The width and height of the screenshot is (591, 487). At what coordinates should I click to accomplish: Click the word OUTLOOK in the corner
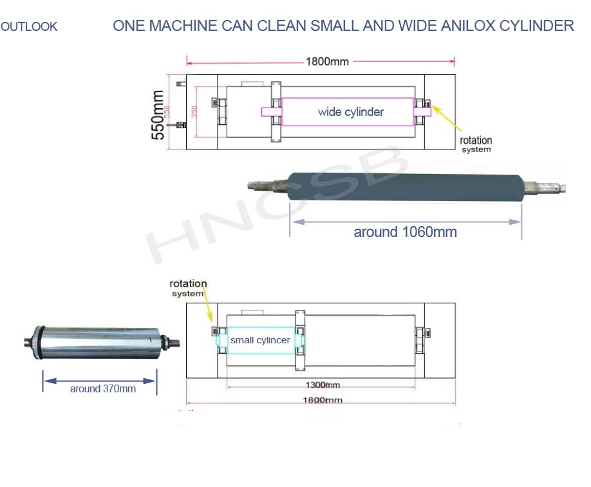(x=29, y=27)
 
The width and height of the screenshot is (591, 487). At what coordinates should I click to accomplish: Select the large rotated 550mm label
(x=157, y=115)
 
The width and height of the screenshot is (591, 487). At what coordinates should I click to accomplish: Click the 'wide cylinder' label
(x=350, y=112)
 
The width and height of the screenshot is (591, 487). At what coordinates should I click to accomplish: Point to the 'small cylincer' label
(x=260, y=340)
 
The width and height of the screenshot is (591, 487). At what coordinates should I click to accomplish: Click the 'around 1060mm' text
(x=405, y=233)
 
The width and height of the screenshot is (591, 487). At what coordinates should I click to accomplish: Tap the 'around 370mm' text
(x=103, y=389)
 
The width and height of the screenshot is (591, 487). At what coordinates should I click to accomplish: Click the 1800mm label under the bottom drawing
(x=324, y=400)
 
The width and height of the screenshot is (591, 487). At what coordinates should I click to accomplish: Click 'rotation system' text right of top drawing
(x=476, y=144)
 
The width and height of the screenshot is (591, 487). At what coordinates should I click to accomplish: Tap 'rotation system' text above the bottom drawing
(x=188, y=288)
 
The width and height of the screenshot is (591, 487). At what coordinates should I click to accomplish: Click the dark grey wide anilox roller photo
(x=406, y=187)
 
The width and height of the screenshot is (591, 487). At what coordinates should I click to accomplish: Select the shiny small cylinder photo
(x=97, y=341)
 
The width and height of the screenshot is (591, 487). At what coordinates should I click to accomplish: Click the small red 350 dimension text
(x=194, y=113)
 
